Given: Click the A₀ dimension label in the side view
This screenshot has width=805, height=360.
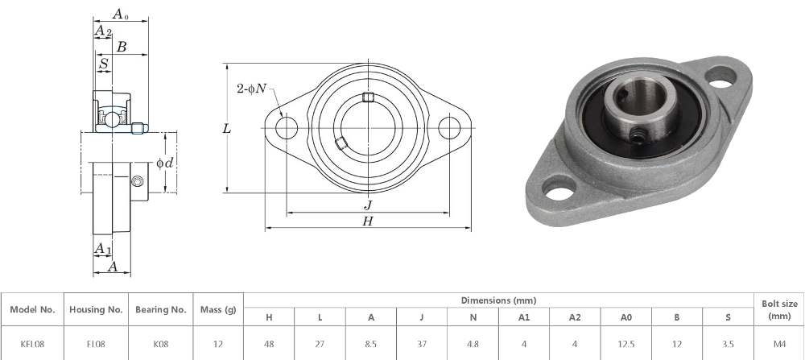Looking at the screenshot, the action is pos(120,14).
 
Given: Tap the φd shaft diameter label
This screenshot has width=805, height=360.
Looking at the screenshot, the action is pos(165,163).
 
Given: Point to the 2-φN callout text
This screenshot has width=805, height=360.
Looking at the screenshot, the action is pos(251,89).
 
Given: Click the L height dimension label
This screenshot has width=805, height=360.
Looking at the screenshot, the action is pos(226,128).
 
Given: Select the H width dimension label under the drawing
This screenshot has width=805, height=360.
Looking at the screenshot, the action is pos(368,221).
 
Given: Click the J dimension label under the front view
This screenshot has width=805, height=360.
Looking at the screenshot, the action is pos(368,205).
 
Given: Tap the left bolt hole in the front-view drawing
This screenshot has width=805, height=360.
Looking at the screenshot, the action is pos(287,128).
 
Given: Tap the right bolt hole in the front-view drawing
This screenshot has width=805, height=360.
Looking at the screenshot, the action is pos(449,128).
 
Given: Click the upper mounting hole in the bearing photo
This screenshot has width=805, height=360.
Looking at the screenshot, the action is pos(720,77).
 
